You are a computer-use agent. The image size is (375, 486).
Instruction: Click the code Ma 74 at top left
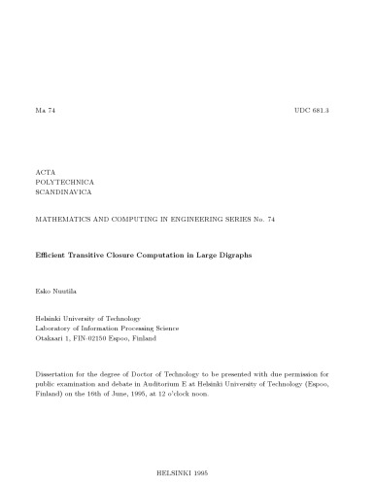tap(46, 112)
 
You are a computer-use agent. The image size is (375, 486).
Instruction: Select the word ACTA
tap(46, 171)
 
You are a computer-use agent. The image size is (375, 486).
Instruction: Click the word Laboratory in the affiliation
tap(54, 329)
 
